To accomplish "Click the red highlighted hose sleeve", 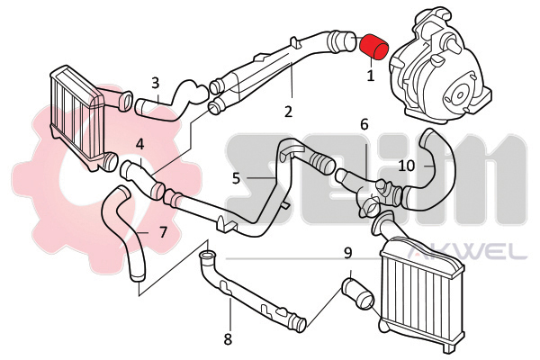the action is click(373, 46).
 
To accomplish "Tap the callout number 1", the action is click(371, 76).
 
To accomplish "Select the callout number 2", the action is click(288, 112).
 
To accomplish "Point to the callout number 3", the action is click(156, 83).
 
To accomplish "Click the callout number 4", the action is click(139, 144).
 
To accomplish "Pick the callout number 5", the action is click(236, 178).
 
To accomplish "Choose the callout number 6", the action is click(364, 124).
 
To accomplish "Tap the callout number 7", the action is click(163, 232).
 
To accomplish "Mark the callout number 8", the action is click(228, 338).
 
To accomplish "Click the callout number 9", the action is click(347, 254).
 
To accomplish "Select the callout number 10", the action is click(407, 166).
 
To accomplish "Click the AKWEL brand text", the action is click(467, 254).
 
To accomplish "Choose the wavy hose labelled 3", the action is click(170, 100).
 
